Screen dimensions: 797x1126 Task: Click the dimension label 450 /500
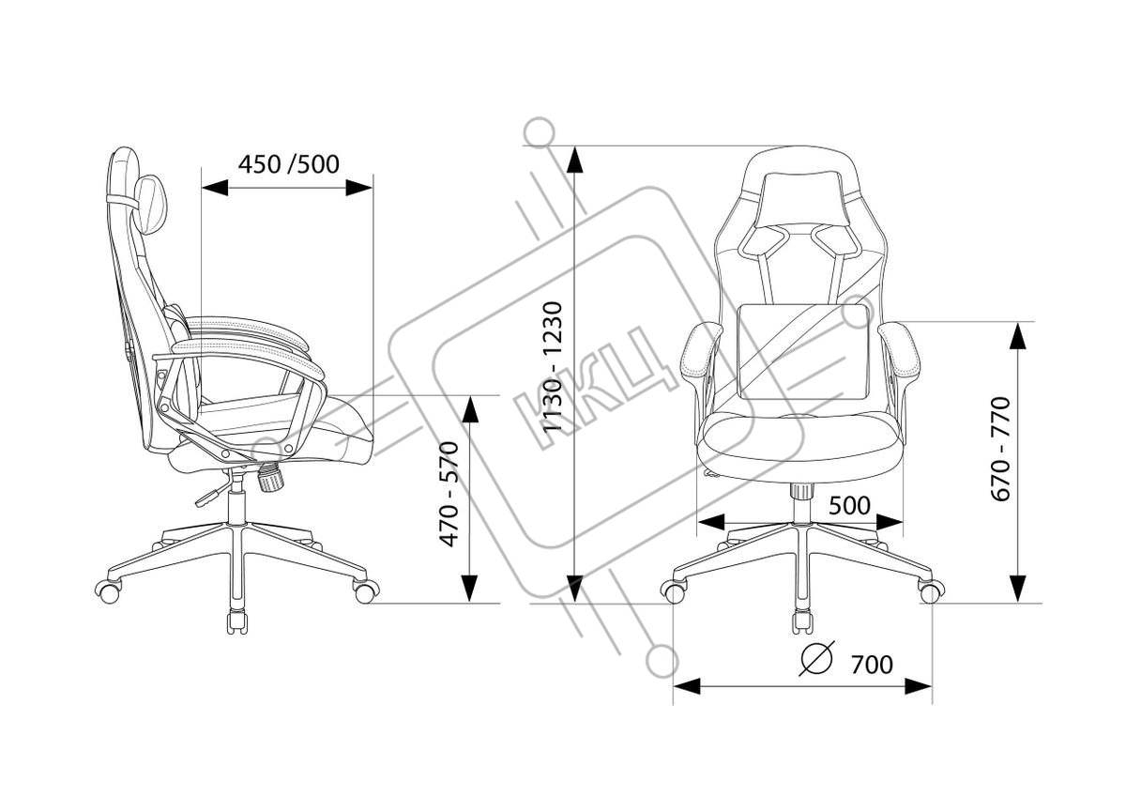click(288, 164)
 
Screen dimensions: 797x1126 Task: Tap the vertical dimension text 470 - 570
click(451, 495)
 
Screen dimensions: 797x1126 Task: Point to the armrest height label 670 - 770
click(1001, 449)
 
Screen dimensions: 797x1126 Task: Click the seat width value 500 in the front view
click(850, 505)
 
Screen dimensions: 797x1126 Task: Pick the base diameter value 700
click(872, 665)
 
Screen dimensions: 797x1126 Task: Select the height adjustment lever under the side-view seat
click(212, 494)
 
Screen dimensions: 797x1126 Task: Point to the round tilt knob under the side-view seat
click(270, 479)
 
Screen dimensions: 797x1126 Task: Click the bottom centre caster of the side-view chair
click(236, 621)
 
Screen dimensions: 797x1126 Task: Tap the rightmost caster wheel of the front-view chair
click(931, 591)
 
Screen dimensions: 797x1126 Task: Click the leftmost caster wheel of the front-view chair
click(673, 590)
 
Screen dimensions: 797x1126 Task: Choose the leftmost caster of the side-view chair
click(109, 591)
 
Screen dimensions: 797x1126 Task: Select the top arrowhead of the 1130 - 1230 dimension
click(575, 161)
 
